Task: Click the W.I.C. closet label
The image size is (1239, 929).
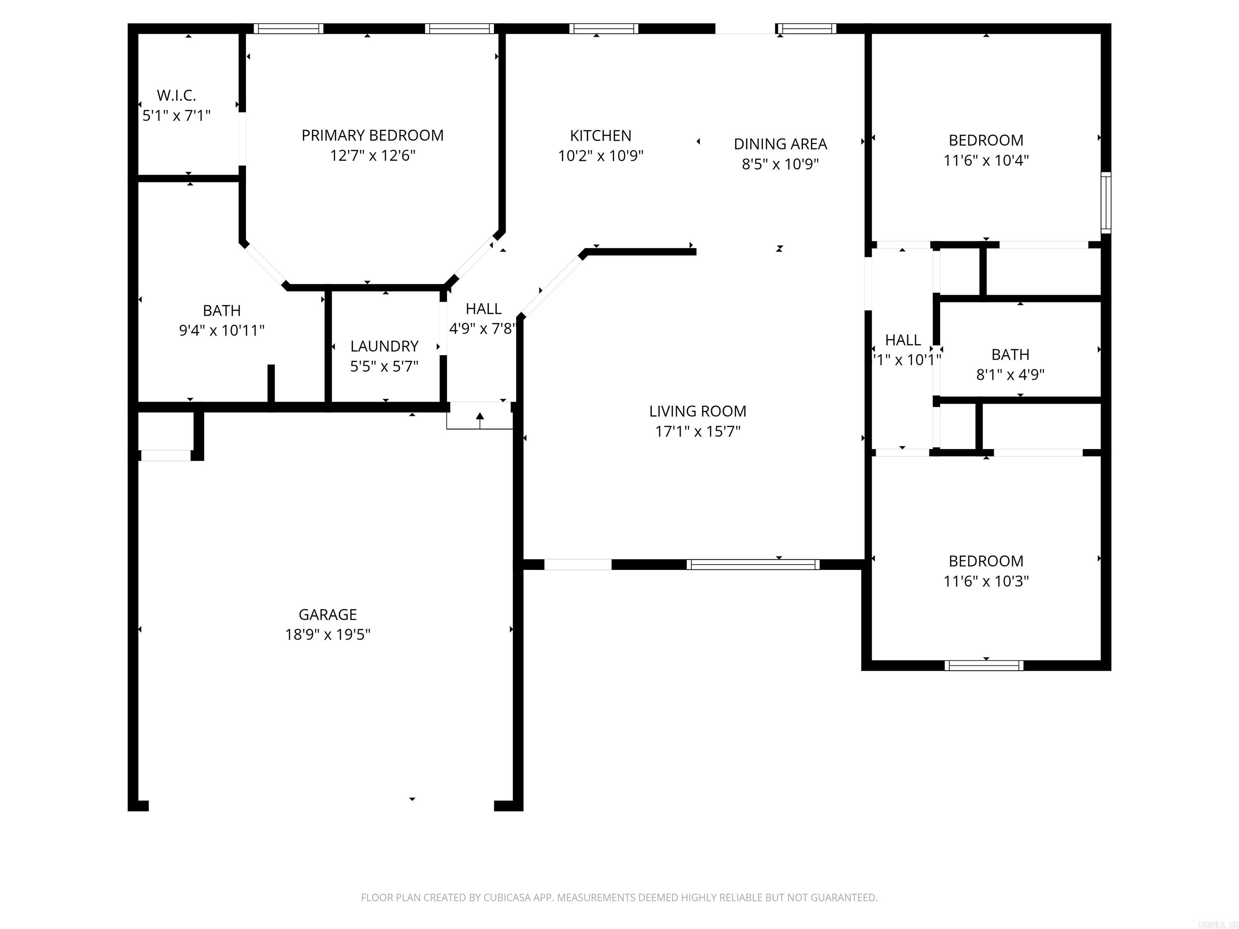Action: point(176,95)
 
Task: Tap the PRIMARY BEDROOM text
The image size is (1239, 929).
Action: point(373,135)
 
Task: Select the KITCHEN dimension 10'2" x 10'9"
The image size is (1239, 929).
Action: point(601,156)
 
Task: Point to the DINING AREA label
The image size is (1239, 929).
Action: point(780,144)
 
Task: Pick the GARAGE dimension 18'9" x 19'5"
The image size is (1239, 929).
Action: point(327,634)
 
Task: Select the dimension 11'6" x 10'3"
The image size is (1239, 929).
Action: point(986,581)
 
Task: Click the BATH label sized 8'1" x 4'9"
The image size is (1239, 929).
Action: point(1010,354)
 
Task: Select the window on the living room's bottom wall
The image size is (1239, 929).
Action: point(753,564)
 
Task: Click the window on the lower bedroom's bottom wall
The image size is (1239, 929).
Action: point(984,665)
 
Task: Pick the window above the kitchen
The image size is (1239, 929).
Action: point(604,29)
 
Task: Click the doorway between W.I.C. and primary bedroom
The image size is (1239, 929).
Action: point(242,139)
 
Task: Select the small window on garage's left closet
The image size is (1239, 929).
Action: point(166,455)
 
